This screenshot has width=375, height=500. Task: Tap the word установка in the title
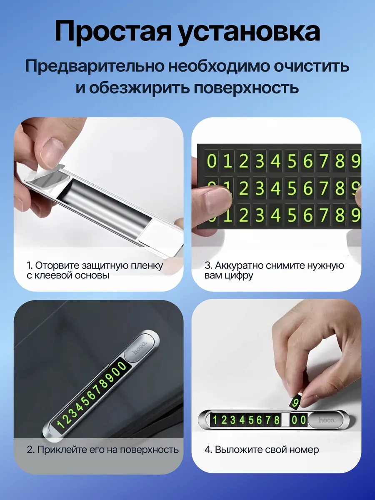(249, 32)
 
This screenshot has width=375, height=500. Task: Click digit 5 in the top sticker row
(292, 161)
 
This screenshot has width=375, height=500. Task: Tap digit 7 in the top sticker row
(324, 161)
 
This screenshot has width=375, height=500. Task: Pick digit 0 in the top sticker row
(212, 161)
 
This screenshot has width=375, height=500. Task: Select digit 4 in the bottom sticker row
(275, 215)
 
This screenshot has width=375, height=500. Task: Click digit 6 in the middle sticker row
(307, 188)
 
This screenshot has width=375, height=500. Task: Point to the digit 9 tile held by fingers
(295, 402)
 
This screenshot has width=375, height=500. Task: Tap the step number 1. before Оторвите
(30, 265)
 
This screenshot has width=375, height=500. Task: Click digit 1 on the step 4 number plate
(215, 420)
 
